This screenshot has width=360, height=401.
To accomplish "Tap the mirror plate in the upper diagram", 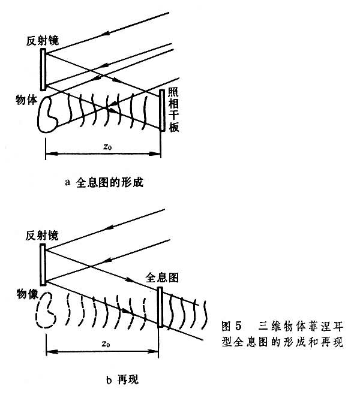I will tap(44, 69).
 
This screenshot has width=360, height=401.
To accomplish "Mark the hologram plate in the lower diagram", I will tap(160, 306).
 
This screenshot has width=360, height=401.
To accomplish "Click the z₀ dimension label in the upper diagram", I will tap(106, 146).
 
